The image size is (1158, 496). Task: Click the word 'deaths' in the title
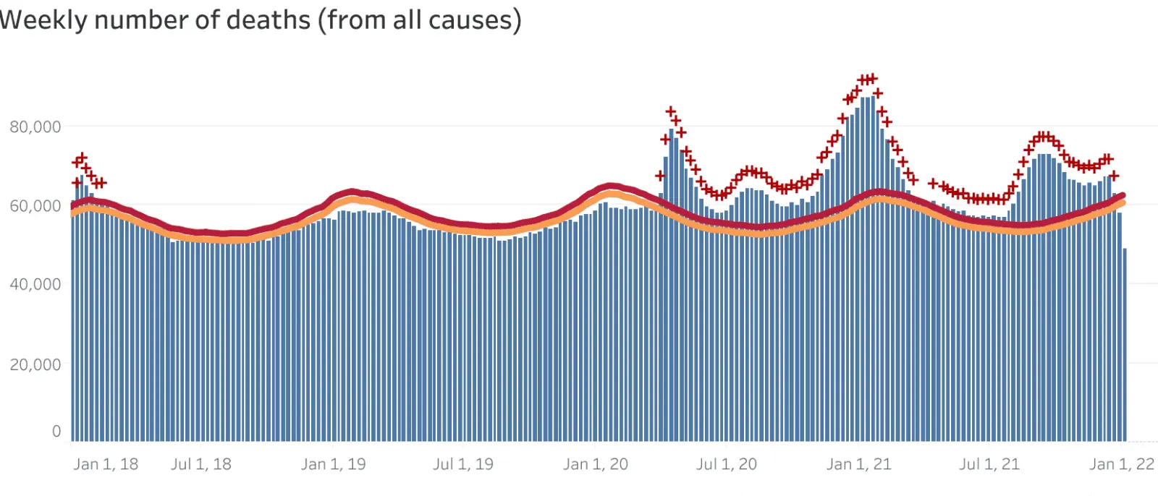[x=268, y=20]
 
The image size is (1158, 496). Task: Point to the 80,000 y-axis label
[x=35, y=127]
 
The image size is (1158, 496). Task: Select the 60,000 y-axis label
[x=35, y=206]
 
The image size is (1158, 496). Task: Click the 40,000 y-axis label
[x=35, y=284]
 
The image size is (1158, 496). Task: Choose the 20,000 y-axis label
[x=35, y=364]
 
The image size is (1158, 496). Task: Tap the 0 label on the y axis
[x=56, y=432]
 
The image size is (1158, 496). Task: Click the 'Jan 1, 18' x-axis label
[x=106, y=464]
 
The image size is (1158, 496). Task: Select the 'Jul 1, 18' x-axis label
[x=201, y=464]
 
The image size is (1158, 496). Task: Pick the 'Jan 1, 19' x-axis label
[x=334, y=464]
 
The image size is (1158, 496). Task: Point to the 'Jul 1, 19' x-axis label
[x=463, y=464]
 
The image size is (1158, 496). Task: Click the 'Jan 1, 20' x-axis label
[x=596, y=464]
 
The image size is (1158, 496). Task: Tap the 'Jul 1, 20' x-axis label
[x=727, y=464]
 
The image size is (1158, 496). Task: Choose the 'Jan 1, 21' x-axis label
[x=859, y=464]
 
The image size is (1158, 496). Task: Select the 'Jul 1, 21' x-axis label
[x=989, y=464]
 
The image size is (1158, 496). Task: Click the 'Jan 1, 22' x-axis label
[x=1122, y=464]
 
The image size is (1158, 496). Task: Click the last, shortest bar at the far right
[x=1125, y=347]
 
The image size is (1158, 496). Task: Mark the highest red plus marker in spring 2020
[x=671, y=111]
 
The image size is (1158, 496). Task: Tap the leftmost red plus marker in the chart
[x=77, y=182]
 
